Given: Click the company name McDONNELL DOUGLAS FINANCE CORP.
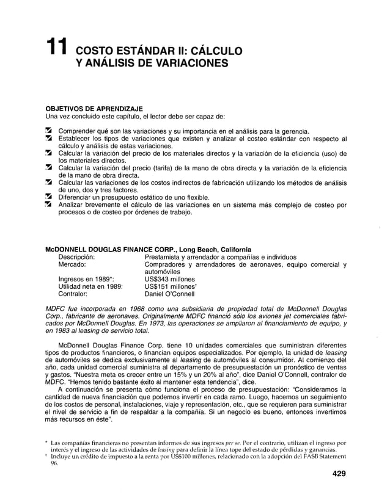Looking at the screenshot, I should tap(107, 250).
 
